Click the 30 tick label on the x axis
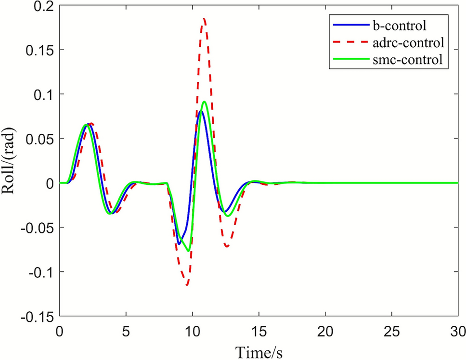(x=457, y=331)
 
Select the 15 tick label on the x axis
(x=259, y=331)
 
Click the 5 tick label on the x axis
(x=126, y=331)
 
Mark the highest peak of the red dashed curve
(x=204, y=19)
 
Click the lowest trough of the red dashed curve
(x=187, y=285)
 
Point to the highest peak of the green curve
(x=205, y=102)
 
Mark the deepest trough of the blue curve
(x=179, y=244)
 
